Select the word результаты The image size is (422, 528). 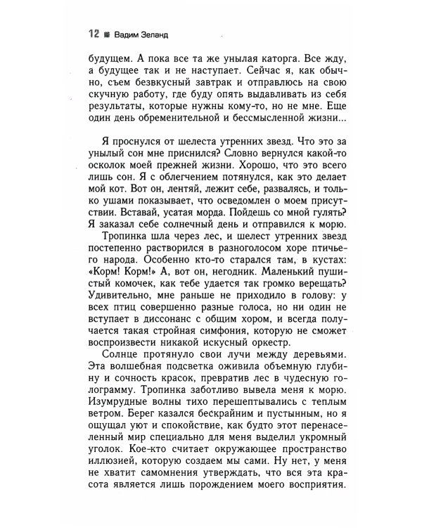tap(116, 110)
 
